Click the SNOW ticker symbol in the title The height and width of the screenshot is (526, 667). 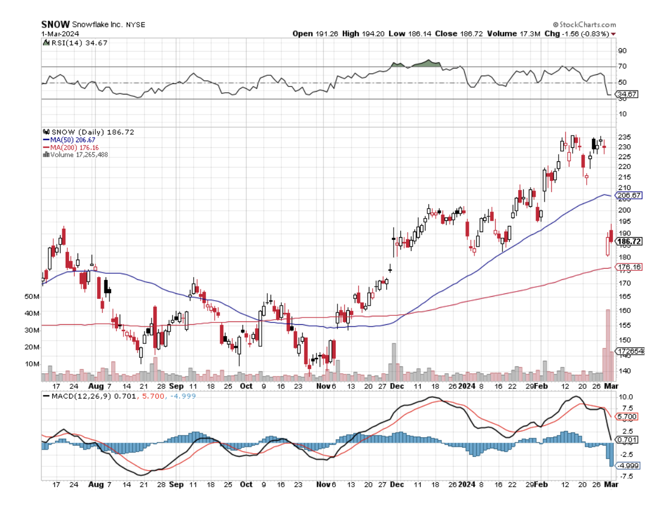(x=56, y=24)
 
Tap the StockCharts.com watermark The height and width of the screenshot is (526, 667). (x=584, y=25)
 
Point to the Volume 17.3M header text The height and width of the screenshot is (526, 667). (x=514, y=34)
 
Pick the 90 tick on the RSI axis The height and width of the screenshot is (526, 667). (x=622, y=51)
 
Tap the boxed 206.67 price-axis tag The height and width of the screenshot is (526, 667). (x=629, y=196)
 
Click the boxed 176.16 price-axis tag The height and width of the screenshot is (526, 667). (x=629, y=267)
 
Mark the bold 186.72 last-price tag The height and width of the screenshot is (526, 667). (x=629, y=242)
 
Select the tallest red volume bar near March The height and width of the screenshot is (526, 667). (x=607, y=343)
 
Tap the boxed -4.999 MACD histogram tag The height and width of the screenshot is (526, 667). (x=628, y=466)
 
